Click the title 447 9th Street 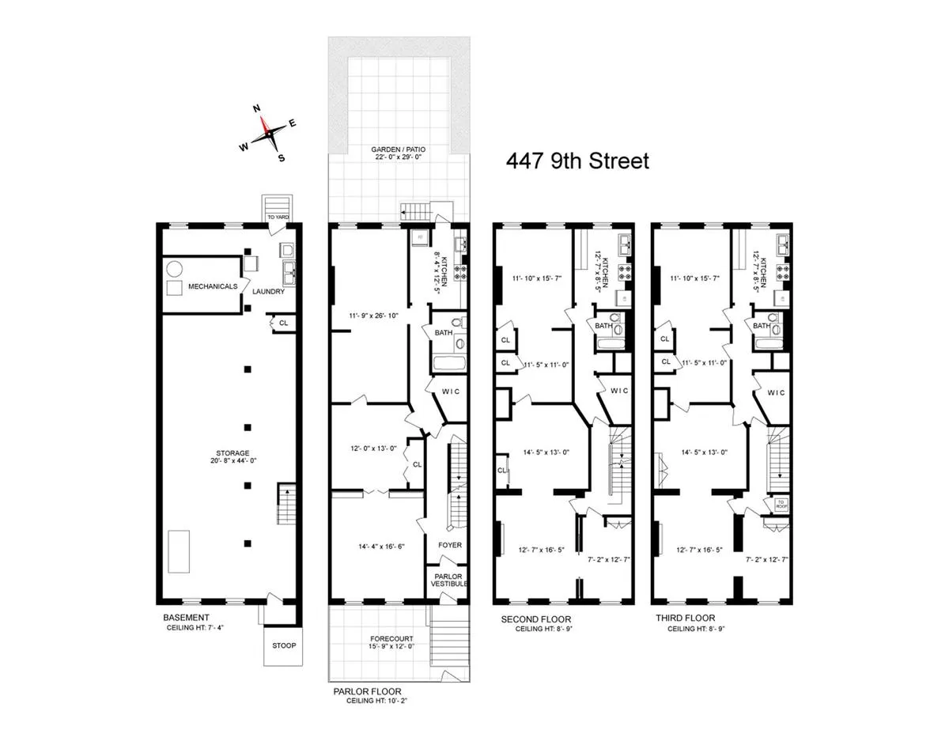tap(577, 161)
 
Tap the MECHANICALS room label tap(211, 286)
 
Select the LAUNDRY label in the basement tap(268, 292)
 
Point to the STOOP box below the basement tap(283, 645)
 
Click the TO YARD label tap(277, 216)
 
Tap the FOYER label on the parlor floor tap(449, 545)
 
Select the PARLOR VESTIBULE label tap(449, 580)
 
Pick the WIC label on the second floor tap(618, 391)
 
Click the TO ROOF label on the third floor tap(781, 504)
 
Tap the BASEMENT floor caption tap(186, 618)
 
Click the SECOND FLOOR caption tap(536, 619)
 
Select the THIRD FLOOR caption tap(685, 619)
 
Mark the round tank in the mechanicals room tap(175, 267)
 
